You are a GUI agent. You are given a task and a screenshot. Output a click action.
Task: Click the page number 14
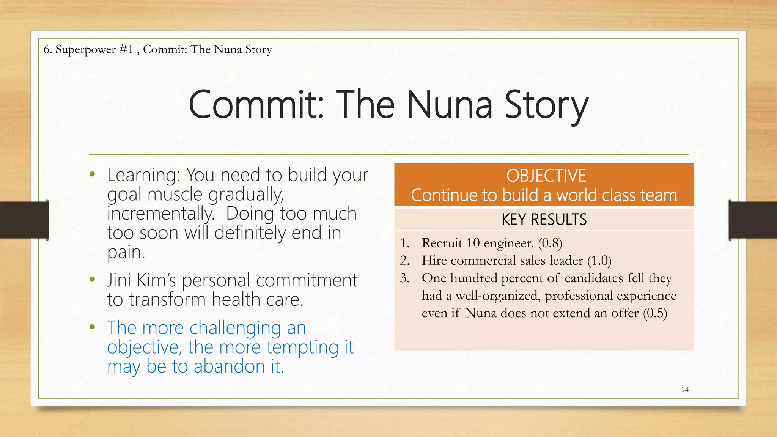[x=684, y=390]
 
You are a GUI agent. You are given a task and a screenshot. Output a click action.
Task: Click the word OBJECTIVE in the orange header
[x=546, y=176]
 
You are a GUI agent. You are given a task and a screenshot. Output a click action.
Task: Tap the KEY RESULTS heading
[x=544, y=220]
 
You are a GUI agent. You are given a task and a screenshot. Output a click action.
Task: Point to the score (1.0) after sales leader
[x=599, y=261]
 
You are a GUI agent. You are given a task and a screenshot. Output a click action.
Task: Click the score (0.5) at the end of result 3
[x=655, y=313]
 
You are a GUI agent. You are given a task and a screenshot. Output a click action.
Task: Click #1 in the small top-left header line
[x=126, y=49]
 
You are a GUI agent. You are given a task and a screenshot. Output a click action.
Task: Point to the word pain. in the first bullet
[x=126, y=252]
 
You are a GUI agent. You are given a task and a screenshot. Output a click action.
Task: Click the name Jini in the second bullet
[x=119, y=280]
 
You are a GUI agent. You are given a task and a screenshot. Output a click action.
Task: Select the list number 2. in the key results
[x=404, y=261]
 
